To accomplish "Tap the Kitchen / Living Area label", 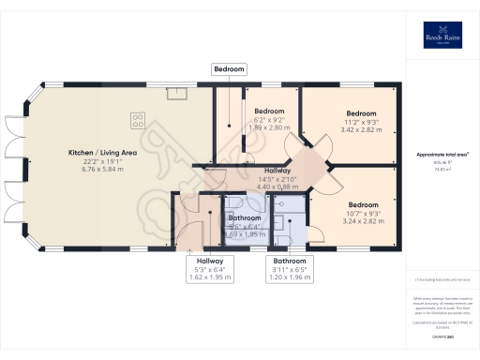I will tap(103, 152).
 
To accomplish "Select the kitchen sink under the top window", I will tap(175, 92).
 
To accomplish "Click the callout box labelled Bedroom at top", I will tap(230, 69).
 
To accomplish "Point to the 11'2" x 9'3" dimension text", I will tap(361, 122).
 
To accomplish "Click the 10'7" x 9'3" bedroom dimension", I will tap(362, 214).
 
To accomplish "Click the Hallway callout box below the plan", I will tap(210, 270).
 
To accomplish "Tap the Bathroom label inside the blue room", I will tap(246, 217).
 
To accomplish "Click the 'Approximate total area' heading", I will tap(442, 154).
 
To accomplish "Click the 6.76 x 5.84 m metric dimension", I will tap(103, 169).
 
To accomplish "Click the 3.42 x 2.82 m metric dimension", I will tap(361, 130).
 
